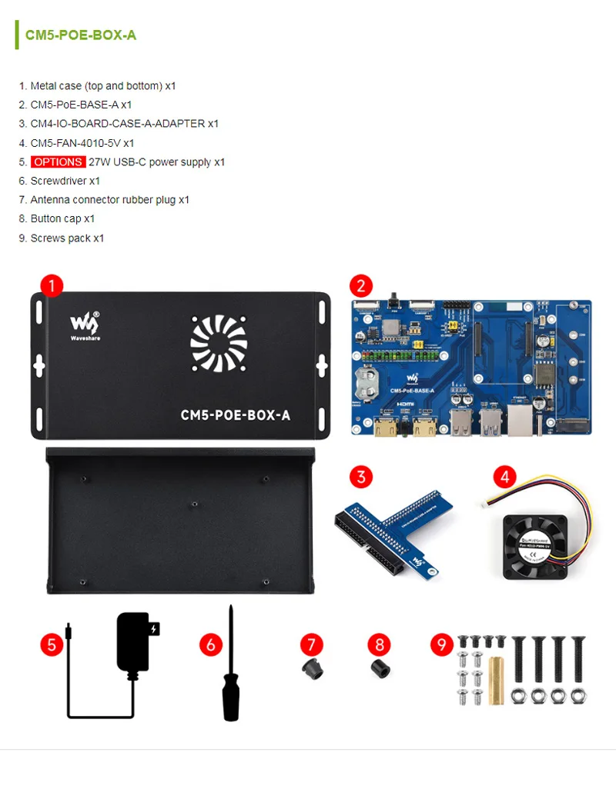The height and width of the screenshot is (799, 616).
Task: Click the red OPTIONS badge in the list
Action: pos(58,162)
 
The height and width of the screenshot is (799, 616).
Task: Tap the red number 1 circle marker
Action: pos(52,286)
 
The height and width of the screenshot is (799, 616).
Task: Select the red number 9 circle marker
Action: pos(441,644)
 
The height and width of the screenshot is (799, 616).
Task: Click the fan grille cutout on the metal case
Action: pos(219,343)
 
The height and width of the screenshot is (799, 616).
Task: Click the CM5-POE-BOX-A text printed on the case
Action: pos(235,415)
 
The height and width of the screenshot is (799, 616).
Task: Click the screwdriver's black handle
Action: pos(230,695)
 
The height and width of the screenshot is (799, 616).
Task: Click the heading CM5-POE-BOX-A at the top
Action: pos(81,35)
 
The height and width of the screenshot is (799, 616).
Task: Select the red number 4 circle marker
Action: pos(505,477)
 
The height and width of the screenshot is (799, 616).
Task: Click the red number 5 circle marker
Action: pos(52,644)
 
